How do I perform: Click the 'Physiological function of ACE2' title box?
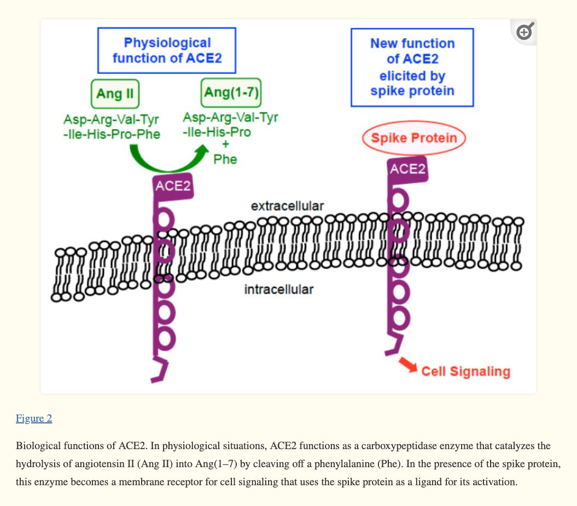(x=167, y=50)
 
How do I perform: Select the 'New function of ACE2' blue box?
(x=412, y=67)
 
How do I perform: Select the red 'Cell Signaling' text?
(x=465, y=372)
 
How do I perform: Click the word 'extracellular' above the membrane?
(x=287, y=206)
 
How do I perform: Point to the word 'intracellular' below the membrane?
(x=278, y=289)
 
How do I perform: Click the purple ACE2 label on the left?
(x=173, y=186)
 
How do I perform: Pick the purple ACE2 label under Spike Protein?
(x=407, y=169)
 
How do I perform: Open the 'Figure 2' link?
(x=34, y=418)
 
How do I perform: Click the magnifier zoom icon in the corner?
(x=524, y=32)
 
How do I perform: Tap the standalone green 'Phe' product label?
(x=225, y=160)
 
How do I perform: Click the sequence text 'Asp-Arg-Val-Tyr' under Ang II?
(x=111, y=120)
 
